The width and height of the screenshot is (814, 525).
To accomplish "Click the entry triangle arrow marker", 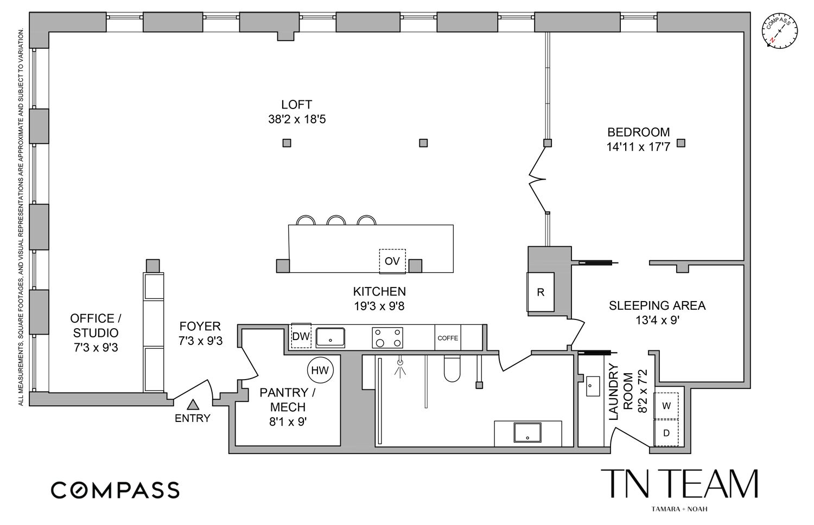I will click(x=193, y=404).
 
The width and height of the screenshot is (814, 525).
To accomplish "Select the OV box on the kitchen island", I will click(x=392, y=261).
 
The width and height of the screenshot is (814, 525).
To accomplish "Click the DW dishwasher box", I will click(x=300, y=336).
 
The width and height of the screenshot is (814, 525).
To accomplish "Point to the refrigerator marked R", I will click(x=540, y=292).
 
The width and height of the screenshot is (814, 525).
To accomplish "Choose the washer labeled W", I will click(x=666, y=406).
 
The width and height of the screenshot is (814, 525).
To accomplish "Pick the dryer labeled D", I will click(x=666, y=433).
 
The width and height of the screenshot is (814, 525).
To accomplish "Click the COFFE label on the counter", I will click(x=448, y=338).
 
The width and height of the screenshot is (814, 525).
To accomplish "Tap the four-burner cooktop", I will click(x=388, y=337).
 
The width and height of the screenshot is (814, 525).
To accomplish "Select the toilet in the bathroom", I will click(x=451, y=369).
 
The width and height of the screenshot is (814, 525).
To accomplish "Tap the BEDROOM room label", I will click(x=638, y=132).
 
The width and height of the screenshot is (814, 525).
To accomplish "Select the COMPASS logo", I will click(x=115, y=490).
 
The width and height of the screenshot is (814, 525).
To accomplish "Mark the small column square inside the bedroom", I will click(x=681, y=143).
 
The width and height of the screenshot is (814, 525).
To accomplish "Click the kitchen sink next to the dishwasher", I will click(x=330, y=337).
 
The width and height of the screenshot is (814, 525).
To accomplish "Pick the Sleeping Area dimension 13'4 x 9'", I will click(x=657, y=320).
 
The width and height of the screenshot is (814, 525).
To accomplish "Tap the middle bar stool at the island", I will click(x=336, y=220).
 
